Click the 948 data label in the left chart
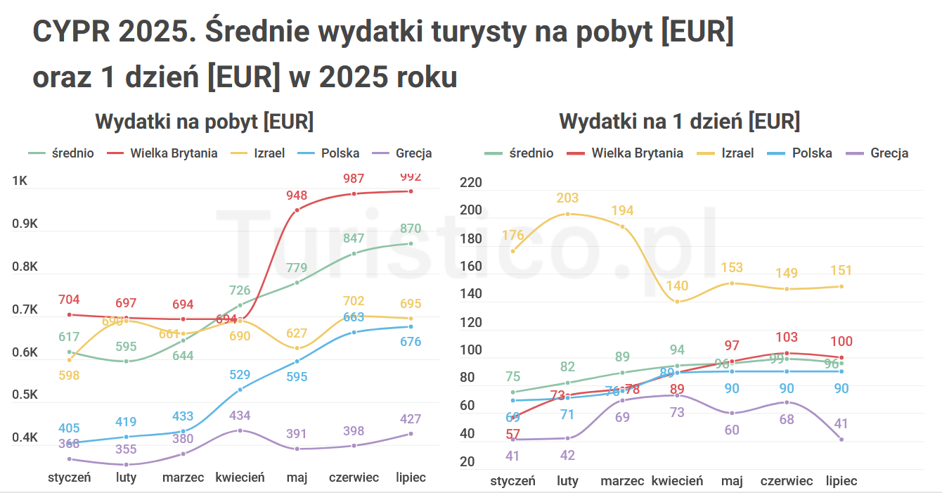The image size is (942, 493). click(x=297, y=195)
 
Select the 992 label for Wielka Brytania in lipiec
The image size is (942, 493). click(x=411, y=177)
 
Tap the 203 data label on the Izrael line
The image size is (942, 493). click(x=567, y=198)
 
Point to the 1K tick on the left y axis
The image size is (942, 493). click(x=20, y=181)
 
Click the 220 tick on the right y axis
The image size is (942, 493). click(x=470, y=183)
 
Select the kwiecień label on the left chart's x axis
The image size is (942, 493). click(x=240, y=478)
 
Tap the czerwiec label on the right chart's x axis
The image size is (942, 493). click(x=787, y=481)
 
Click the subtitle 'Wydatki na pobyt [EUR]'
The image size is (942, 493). click(x=204, y=121)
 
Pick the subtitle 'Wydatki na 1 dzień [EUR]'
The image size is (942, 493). click(x=679, y=121)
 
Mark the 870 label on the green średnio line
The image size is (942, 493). click(x=411, y=229)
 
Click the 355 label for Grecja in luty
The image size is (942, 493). click(x=127, y=449)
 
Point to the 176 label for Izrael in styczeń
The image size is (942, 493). click(x=512, y=235)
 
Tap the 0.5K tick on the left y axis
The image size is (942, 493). click(x=25, y=395)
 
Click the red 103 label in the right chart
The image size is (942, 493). click(x=787, y=338)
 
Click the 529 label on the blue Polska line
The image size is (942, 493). click(x=240, y=374)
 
